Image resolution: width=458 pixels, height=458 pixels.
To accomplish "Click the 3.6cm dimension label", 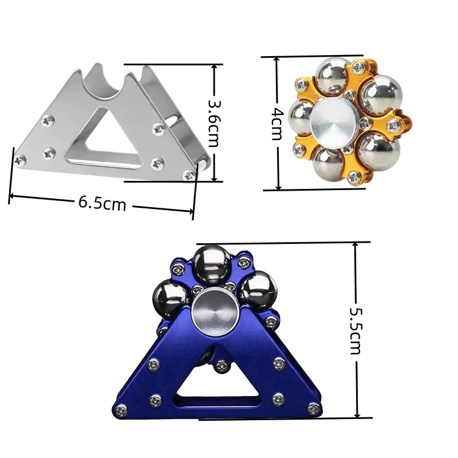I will [x=214, y=123].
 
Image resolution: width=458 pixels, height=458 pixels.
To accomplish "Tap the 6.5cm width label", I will [x=102, y=203].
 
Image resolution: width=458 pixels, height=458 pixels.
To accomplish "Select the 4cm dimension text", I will [x=277, y=123].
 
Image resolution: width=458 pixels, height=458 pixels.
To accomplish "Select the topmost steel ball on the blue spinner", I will [x=210, y=264].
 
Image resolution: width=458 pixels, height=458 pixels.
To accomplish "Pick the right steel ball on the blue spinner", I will [x=255, y=289].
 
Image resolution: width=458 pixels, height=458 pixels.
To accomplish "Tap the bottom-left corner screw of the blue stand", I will [x=121, y=409].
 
